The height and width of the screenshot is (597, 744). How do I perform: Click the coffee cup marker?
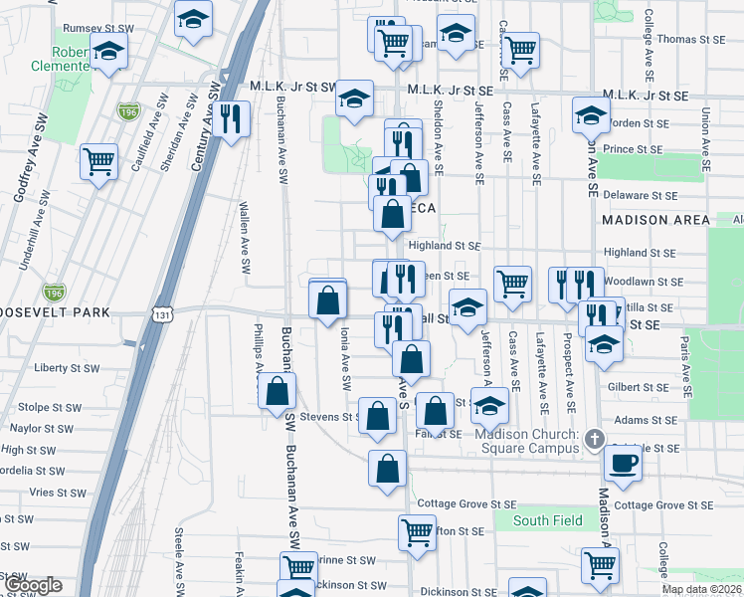(624, 463)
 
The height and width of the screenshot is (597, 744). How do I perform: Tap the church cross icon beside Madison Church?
(594, 439)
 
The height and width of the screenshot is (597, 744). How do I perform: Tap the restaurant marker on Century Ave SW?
(231, 119)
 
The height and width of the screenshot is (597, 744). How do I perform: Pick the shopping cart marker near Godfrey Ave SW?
(99, 162)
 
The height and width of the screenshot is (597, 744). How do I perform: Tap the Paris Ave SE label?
(685, 362)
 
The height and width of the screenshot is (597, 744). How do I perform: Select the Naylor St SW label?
(41, 429)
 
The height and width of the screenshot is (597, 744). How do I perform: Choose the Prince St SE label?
(633, 149)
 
